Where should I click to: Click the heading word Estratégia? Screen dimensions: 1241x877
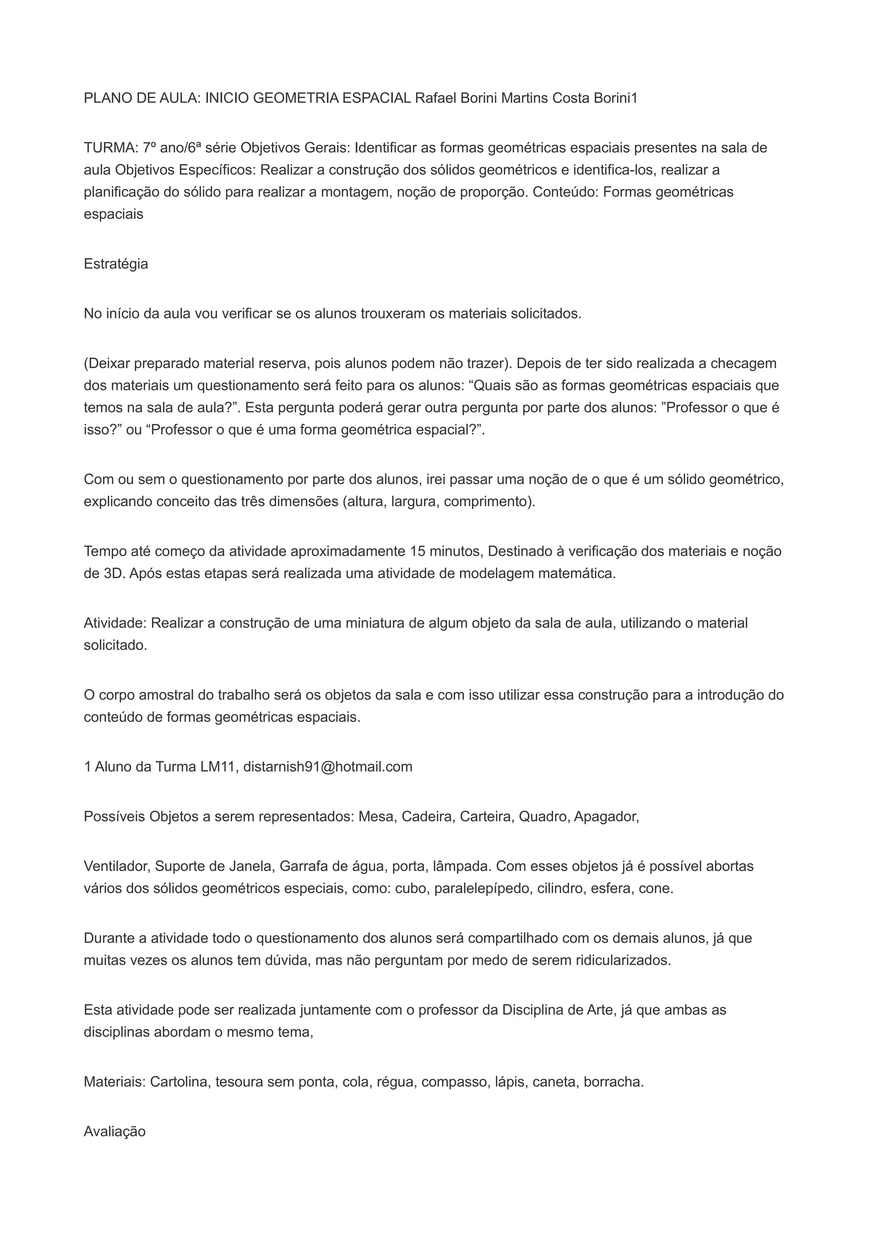click(x=116, y=264)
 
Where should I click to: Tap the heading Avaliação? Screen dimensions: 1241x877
click(x=115, y=1131)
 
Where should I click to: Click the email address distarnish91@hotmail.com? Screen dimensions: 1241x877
click(x=328, y=767)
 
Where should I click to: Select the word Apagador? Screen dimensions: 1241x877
click(x=606, y=816)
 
